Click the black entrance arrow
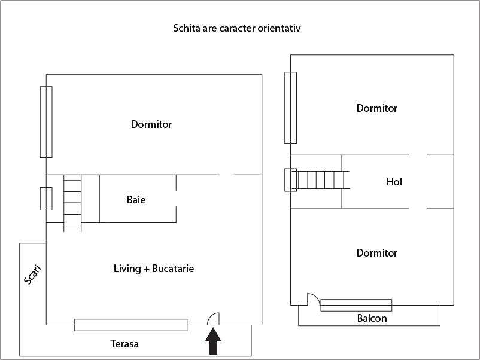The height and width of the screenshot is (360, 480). click(213, 342)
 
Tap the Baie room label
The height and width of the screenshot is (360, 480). click(136, 200)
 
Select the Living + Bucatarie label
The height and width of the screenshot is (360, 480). click(154, 269)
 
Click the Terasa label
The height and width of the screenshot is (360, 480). click(124, 344)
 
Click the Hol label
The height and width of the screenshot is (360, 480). click(394, 182)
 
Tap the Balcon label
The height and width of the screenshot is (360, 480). click(372, 318)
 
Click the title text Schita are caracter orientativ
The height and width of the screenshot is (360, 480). click(240, 28)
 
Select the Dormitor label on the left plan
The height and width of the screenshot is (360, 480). click(151, 124)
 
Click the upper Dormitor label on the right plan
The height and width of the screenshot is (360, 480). click(377, 108)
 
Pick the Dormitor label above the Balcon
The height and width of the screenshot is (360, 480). click(377, 253)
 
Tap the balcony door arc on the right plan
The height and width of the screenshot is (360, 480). click(313, 299)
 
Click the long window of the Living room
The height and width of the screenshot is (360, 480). click(130, 325)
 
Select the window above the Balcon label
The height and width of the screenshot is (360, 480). click(356, 305)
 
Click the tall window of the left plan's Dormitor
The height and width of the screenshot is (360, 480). click(46, 121)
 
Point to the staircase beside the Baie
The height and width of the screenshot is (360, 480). click(72, 202)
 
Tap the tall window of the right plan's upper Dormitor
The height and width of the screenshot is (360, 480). click(290, 108)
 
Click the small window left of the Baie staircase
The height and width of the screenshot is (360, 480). click(46, 199)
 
